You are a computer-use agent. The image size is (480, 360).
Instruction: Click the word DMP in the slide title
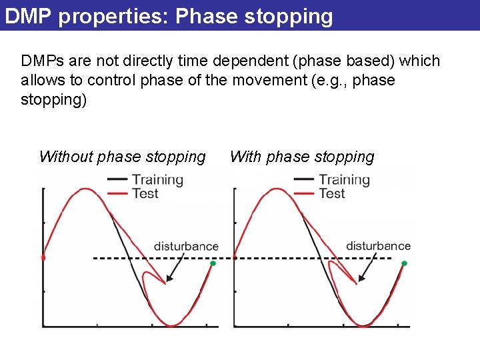click(x=28, y=15)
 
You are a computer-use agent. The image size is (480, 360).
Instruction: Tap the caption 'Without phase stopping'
click(x=122, y=157)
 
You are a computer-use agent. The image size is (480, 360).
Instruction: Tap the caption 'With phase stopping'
click(x=302, y=157)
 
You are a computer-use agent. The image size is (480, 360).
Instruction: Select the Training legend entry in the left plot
click(x=157, y=179)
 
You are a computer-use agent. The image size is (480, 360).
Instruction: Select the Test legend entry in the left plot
click(x=145, y=193)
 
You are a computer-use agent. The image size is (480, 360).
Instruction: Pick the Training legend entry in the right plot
click(x=344, y=179)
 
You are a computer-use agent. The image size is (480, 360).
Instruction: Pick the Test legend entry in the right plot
click(x=331, y=193)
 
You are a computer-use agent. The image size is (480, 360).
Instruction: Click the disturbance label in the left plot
click(x=186, y=246)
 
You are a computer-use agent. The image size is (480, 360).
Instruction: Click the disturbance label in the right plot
click(x=378, y=246)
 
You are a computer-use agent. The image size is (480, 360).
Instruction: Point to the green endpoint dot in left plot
click(x=213, y=264)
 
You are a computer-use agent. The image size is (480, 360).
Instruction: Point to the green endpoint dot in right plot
click(x=404, y=264)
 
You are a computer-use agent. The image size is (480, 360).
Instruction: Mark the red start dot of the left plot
click(x=43, y=257)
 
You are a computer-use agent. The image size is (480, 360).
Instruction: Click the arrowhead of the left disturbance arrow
click(x=167, y=280)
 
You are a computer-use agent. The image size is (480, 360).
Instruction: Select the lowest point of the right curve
click(x=363, y=325)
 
